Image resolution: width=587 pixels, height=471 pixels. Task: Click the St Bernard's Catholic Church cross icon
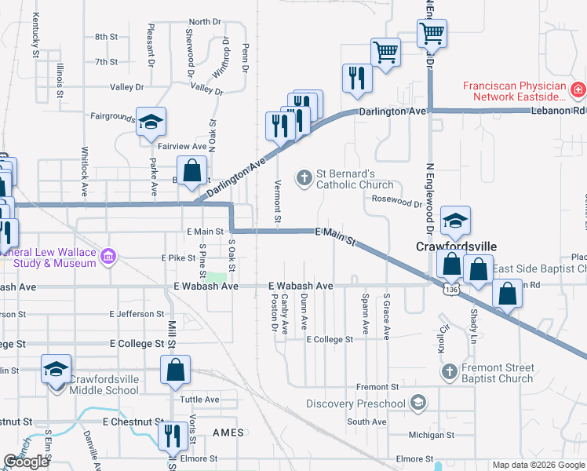point(304,178)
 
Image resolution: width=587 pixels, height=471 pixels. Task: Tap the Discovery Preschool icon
point(417,404)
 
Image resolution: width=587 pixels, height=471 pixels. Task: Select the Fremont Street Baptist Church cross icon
point(448,371)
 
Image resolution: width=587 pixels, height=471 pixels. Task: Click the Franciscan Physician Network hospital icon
point(578,90)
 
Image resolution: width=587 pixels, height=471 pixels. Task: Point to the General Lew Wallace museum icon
point(108,257)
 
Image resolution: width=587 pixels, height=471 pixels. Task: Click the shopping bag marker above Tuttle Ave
point(176,368)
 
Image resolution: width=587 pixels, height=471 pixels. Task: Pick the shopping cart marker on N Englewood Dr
point(431,34)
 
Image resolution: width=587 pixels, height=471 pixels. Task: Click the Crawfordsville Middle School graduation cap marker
point(56,369)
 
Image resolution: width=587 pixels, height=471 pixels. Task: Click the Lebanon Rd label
point(567,111)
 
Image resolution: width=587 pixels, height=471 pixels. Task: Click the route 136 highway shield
point(450,290)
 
